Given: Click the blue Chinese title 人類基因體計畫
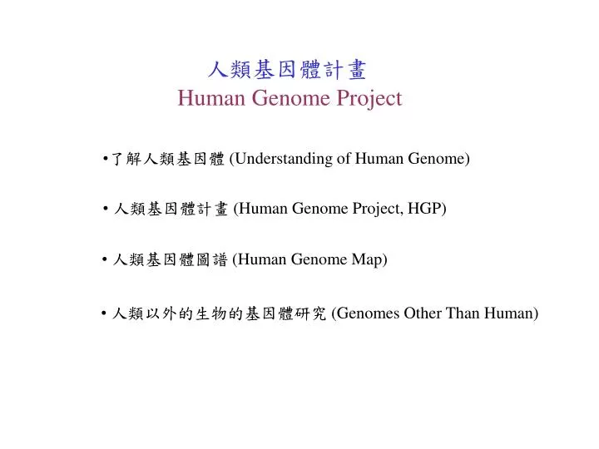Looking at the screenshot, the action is [287, 70].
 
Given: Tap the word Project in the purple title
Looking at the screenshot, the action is [369, 98].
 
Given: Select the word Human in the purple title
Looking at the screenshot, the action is [211, 98].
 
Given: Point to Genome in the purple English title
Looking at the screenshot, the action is [290, 98].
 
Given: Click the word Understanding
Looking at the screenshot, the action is [284, 159].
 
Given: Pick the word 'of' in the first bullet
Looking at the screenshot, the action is [344, 158].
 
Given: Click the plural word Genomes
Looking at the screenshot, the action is [368, 313].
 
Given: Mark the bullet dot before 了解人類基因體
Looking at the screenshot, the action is [106, 159].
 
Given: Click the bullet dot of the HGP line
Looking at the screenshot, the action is [106, 209].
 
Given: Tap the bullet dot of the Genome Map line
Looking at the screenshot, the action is [105, 259].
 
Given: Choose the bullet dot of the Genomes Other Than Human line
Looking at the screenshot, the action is [104, 313].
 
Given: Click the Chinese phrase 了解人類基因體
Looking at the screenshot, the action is [168, 159].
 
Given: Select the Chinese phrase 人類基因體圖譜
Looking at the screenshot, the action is [171, 259].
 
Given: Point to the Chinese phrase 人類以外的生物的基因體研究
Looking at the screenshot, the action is [220, 313].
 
